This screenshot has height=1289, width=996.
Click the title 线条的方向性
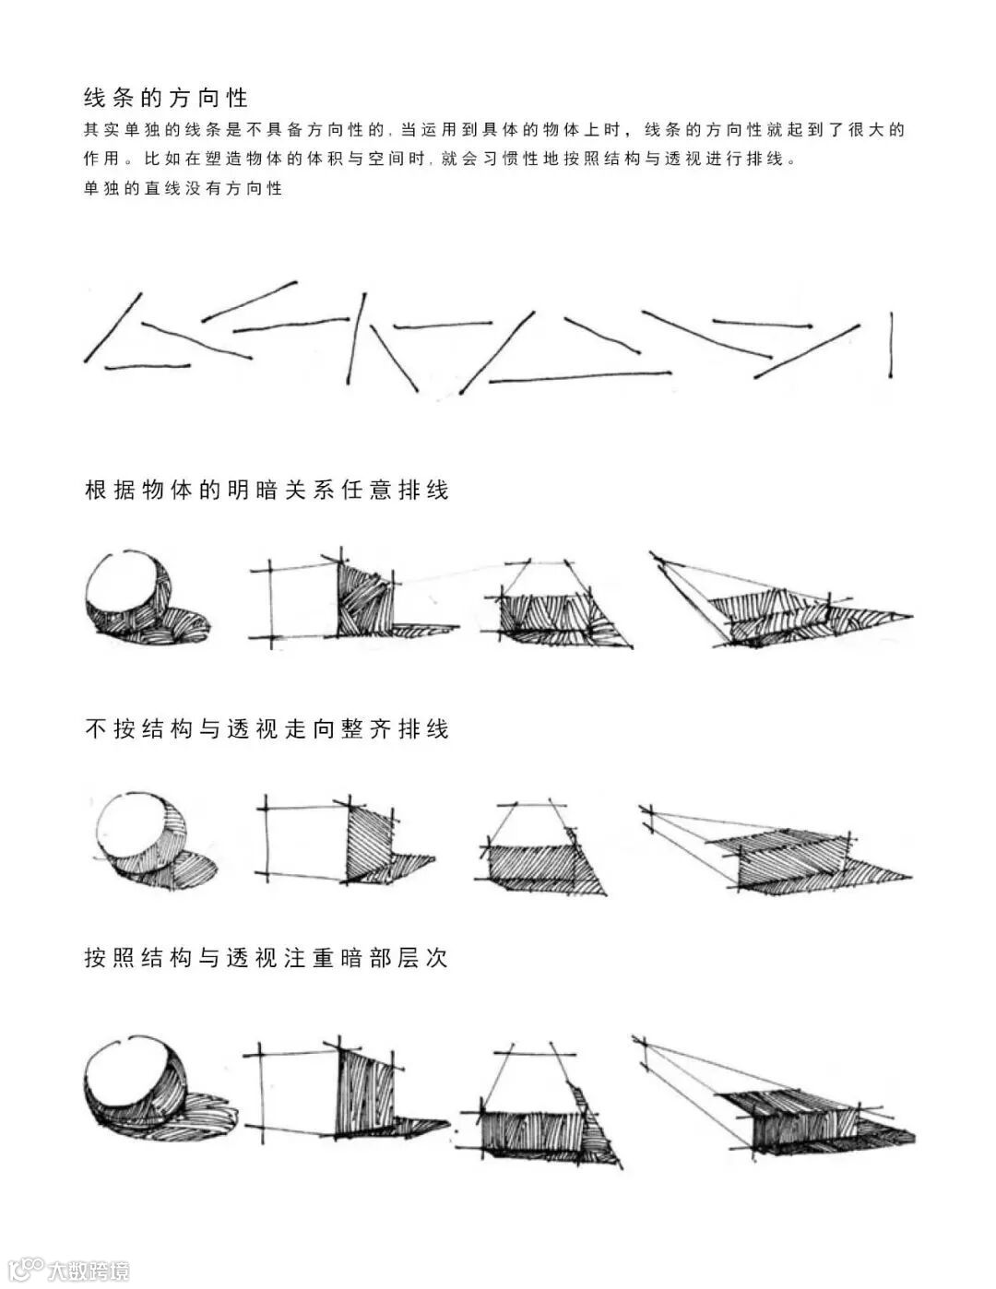(x=166, y=98)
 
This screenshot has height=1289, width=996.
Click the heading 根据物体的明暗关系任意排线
(x=267, y=490)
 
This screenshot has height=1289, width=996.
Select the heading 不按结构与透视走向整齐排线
(x=267, y=729)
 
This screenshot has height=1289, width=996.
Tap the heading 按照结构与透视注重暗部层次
(x=267, y=958)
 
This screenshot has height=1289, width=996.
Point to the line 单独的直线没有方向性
(x=183, y=188)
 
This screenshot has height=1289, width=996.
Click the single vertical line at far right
(x=891, y=345)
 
